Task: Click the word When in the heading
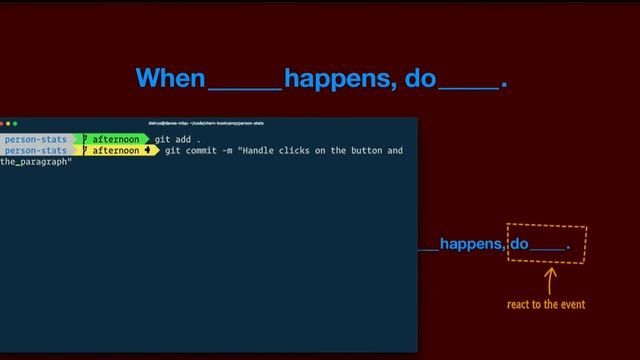(x=170, y=78)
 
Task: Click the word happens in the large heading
(x=340, y=78)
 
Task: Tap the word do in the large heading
(x=420, y=78)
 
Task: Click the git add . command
(x=177, y=138)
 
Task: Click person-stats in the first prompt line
(x=35, y=138)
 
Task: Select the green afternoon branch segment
(x=115, y=138)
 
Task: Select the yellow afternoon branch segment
(x=115, y=151)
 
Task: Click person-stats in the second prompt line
(x=35, y=151)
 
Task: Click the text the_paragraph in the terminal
(x=35, y=162)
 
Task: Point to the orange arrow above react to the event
(x=548, y=279)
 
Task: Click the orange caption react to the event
(x=546, y=304)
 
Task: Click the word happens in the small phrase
(x=472, y=243)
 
